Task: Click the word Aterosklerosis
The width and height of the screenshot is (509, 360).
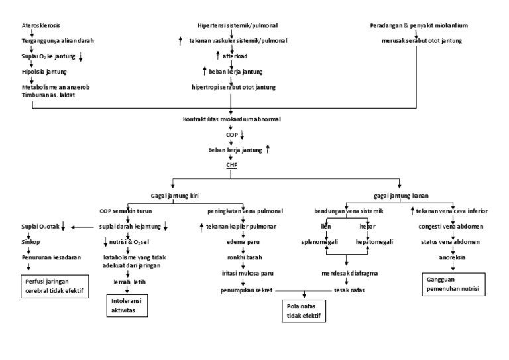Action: click(40, 25)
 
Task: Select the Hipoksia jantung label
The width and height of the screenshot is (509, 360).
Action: click(44, 71)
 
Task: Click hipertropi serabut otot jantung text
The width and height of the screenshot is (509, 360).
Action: click(229, 86)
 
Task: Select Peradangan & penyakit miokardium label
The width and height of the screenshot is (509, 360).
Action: click(419, 25)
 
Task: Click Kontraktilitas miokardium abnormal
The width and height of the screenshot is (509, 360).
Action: click(231, 119)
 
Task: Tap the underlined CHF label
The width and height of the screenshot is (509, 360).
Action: click(231, 165)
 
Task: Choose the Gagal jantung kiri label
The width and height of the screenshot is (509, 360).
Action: click(175, 196)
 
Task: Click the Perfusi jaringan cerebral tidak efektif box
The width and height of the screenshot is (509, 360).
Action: click(52, 286)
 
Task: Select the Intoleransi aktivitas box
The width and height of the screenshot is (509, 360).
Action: click(128, 304)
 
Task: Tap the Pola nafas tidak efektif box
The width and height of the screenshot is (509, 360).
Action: click(303, 311)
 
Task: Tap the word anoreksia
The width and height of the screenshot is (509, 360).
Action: click(453, 257)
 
